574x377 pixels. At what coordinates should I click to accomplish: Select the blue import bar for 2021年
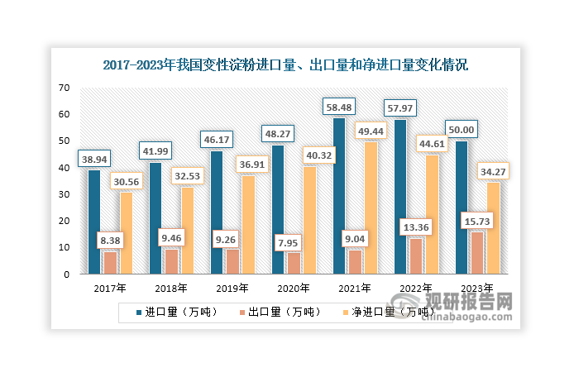[338, 195]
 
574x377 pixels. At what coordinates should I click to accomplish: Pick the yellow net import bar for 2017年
[125, 232]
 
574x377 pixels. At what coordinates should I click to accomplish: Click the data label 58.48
[339, 107]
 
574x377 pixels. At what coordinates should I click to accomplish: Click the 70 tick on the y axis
[64, 88]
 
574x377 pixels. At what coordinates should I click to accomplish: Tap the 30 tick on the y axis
[64, 194]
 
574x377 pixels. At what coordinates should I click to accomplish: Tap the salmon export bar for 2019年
[232, 260]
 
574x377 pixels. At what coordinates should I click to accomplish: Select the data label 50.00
[461, 129]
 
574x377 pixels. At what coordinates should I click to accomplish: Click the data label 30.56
[126, 182]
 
